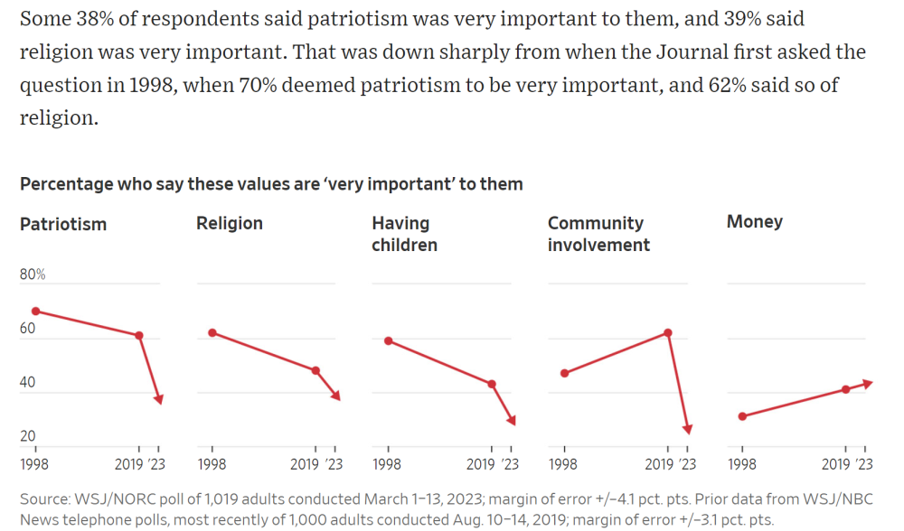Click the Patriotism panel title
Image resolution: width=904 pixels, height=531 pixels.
click(x=63, y=224)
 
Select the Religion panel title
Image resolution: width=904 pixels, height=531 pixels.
click(x=230, y=223)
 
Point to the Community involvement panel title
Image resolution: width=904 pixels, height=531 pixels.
click(x=598, y=234)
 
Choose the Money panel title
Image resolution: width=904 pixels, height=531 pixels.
click(x=755, y=222)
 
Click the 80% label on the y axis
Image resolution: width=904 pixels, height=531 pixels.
click(x=33, y=275)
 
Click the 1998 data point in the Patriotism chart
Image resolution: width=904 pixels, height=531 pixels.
click(x=36, y=312)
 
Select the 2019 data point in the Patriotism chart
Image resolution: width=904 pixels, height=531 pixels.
click(x=139, y=335)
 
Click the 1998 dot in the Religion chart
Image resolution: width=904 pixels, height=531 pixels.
click(x=212, y=332)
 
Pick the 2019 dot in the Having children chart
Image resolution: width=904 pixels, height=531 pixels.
click(x=492, y=384)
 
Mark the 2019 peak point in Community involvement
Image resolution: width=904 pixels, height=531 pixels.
click(x=668, y=332)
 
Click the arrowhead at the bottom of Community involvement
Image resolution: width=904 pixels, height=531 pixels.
click(x=688, y=429)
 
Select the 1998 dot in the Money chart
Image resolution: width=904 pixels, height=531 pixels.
click(x=742, y=416)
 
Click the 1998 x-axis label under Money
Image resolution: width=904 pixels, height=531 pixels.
click(x=742, y=464)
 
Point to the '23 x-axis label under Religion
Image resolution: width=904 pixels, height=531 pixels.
click(x=334, y=464)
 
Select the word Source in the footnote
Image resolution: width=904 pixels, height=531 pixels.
click(x=43, y=498)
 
